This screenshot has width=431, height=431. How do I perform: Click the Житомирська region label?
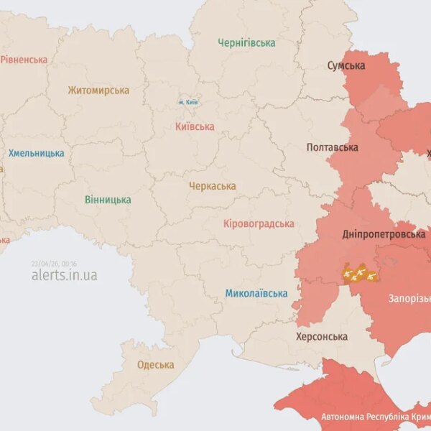(98, 91)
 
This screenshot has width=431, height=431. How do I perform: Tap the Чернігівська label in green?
(246, 43)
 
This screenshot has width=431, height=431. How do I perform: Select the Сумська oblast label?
(346, 66)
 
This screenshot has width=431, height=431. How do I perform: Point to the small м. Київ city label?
(188, 103)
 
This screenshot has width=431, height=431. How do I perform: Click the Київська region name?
(194, 126)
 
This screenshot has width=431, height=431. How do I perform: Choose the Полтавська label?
(332, 147)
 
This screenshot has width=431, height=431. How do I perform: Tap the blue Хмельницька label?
(36, 153)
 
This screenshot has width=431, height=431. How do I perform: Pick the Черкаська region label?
(212, 186)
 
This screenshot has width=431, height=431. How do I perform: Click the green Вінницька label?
(108, 199)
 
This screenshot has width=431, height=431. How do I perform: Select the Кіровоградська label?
(259, 224)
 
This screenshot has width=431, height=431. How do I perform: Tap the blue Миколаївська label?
(256, 293)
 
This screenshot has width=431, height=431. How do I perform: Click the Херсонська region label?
(322, 336)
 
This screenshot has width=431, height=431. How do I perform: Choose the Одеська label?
(155, 365)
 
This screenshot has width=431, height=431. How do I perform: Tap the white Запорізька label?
(409, 298)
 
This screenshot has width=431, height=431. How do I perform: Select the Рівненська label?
(24, 60)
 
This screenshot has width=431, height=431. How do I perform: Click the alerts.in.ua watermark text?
(64, 275)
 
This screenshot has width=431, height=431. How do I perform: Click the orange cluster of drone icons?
(358, 273)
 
